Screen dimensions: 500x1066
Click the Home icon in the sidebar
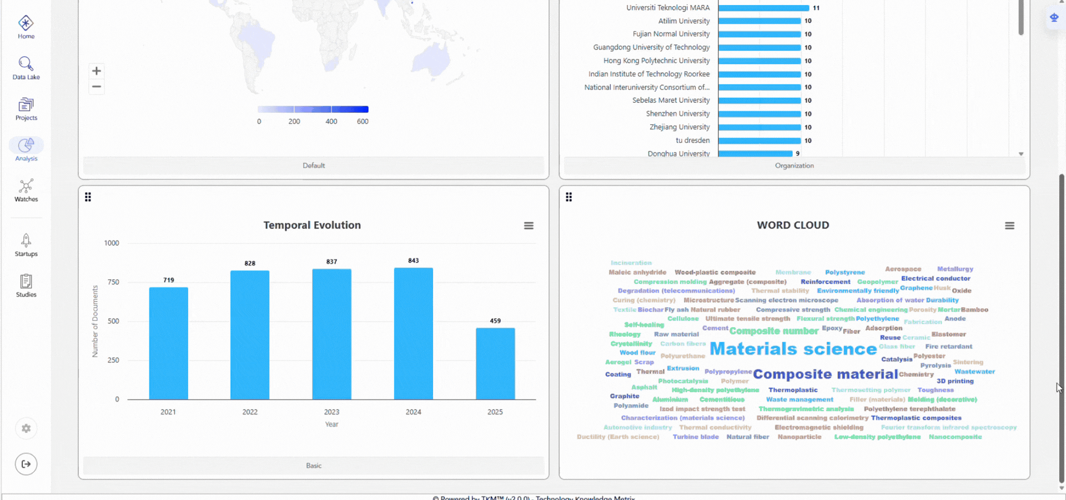pyautogui.click(x=26, y=23)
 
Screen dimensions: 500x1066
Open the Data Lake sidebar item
pyautogui.click(x=26, y=64)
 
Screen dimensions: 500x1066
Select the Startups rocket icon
pyautogui.click(x=26, y=240)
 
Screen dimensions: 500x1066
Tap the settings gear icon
pyautogui.click(x=26, y=428)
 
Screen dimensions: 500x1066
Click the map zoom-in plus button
pyautogui.click(x=97, y=71)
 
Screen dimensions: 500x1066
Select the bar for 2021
pyautogui.click(x=168, y=343)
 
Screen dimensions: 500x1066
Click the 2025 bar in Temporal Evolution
pyautogui.click(x=495, y=363)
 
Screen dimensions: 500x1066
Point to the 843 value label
pyautogui.click(x=414, y=261)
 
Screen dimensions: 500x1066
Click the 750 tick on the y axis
pyautogui.click(x=113, y=282)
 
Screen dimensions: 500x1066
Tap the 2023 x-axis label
pyautogui.click(x=331, y=412)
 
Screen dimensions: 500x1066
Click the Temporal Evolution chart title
pyautogui.click(x=312, y=225)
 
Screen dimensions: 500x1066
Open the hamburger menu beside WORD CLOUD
pyautogui.click(x=1009, y=226)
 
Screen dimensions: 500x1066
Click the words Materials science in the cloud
pyautogui.click(x=793, y=349)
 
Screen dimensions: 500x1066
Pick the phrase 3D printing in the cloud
pyautogui.click(x=955, y=381)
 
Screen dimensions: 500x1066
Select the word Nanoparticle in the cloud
pyautogui.click(x=799, y=437)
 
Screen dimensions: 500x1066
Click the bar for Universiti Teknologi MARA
pyautogui.click(x=763, y=8)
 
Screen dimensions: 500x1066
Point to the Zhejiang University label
pyautogui.click(x=680, y=127)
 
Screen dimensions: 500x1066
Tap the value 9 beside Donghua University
pyautogui.click(x=798, y=154)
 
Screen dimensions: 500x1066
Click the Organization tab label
pyautogui.click(x=794, y=166)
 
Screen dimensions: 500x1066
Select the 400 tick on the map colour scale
pyautogui.click(x=331, y=122)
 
